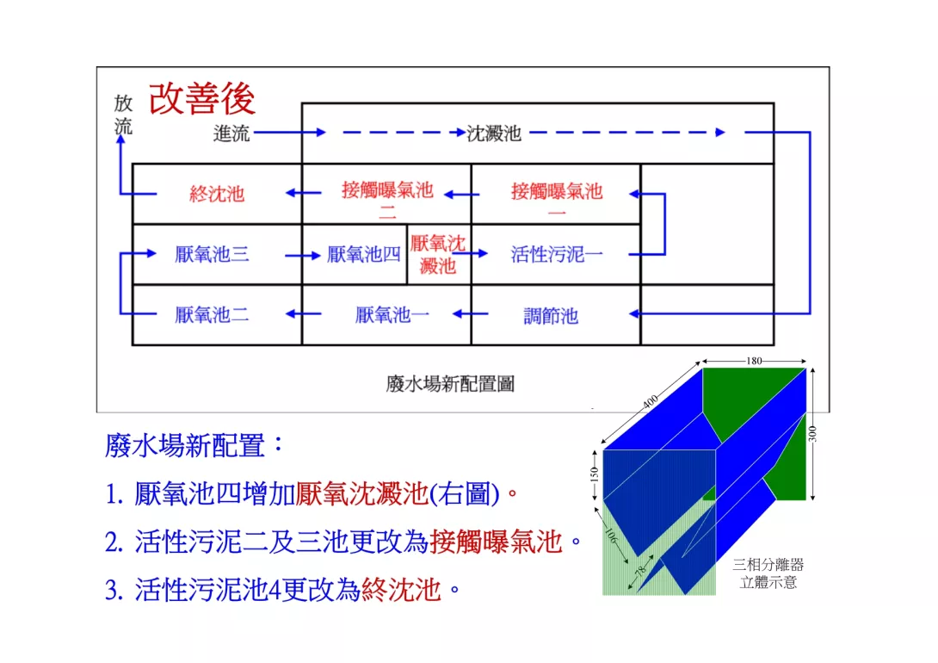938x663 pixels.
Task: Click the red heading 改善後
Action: [x=202, y=99]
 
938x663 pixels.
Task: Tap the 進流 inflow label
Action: [x=231, y=133]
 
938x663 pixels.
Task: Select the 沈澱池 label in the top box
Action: [x=494, y=133]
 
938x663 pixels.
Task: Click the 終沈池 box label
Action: [x=217, y=194]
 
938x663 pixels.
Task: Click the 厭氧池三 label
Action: [x=212, y=254]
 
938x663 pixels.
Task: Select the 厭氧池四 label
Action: [x=364, y=254]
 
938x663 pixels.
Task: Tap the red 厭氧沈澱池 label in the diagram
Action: [x=438, y=254]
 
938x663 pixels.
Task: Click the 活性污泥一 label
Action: [x=556, y=254]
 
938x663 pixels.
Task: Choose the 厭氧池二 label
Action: [x=212, y=315]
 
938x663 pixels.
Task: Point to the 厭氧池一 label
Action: [x=392, y=315]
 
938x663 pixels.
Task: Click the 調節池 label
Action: [x=551, y=315]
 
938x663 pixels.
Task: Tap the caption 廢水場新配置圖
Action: [x=450, y=383]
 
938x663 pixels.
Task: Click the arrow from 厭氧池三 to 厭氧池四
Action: [x=303, y=256]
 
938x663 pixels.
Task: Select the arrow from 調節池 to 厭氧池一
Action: [x=470, y=313]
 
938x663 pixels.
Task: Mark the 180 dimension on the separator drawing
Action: [x=754, y=361]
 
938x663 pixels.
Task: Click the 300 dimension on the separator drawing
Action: [x=812, y=433]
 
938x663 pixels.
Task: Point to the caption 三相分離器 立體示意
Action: [x=768, y=573]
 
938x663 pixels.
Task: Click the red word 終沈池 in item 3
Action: [x=401, y=590]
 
